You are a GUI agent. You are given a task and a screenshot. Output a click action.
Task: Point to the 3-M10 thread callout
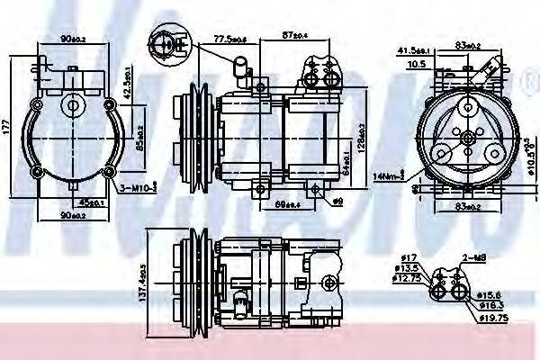coord(138,188)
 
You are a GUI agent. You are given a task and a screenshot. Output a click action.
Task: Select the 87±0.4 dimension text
coord(293,35)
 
